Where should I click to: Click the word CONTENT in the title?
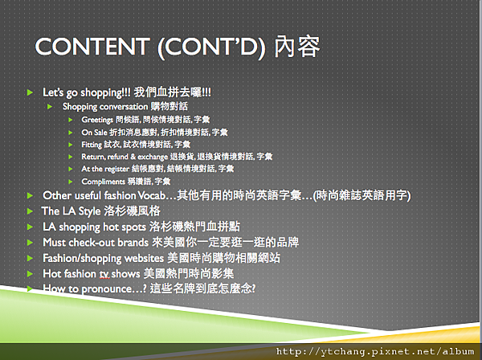pyautogui.click(x=92, y=47)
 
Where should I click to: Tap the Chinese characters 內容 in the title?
pyautogui.click(x=297, y=47)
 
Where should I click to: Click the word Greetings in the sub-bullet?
pyautogui.click(x=97, y=120)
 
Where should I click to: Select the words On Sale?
pyautogui.click(x=94, y=133)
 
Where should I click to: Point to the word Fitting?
pyautogui.click(x=92, y=145)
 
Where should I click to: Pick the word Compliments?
pyautogui.click(x=104, y=182)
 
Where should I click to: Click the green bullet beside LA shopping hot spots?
pyautogui.click(x=30, y=227)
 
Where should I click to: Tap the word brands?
pyautogui.click(x=133, y=242)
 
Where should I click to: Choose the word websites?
pyautogui.click(x=144, y=258)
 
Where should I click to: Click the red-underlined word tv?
pyautogui.click(x=104, y=274)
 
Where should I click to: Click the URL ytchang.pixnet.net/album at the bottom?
pyautogui.click(x=375, y=351)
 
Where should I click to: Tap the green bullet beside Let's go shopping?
pyautogui.click(x=30, y=92)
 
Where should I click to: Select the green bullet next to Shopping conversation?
pyautogui.click(x=50, y=107)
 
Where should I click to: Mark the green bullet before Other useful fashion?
pyautogui.click(x=30, y=195)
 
